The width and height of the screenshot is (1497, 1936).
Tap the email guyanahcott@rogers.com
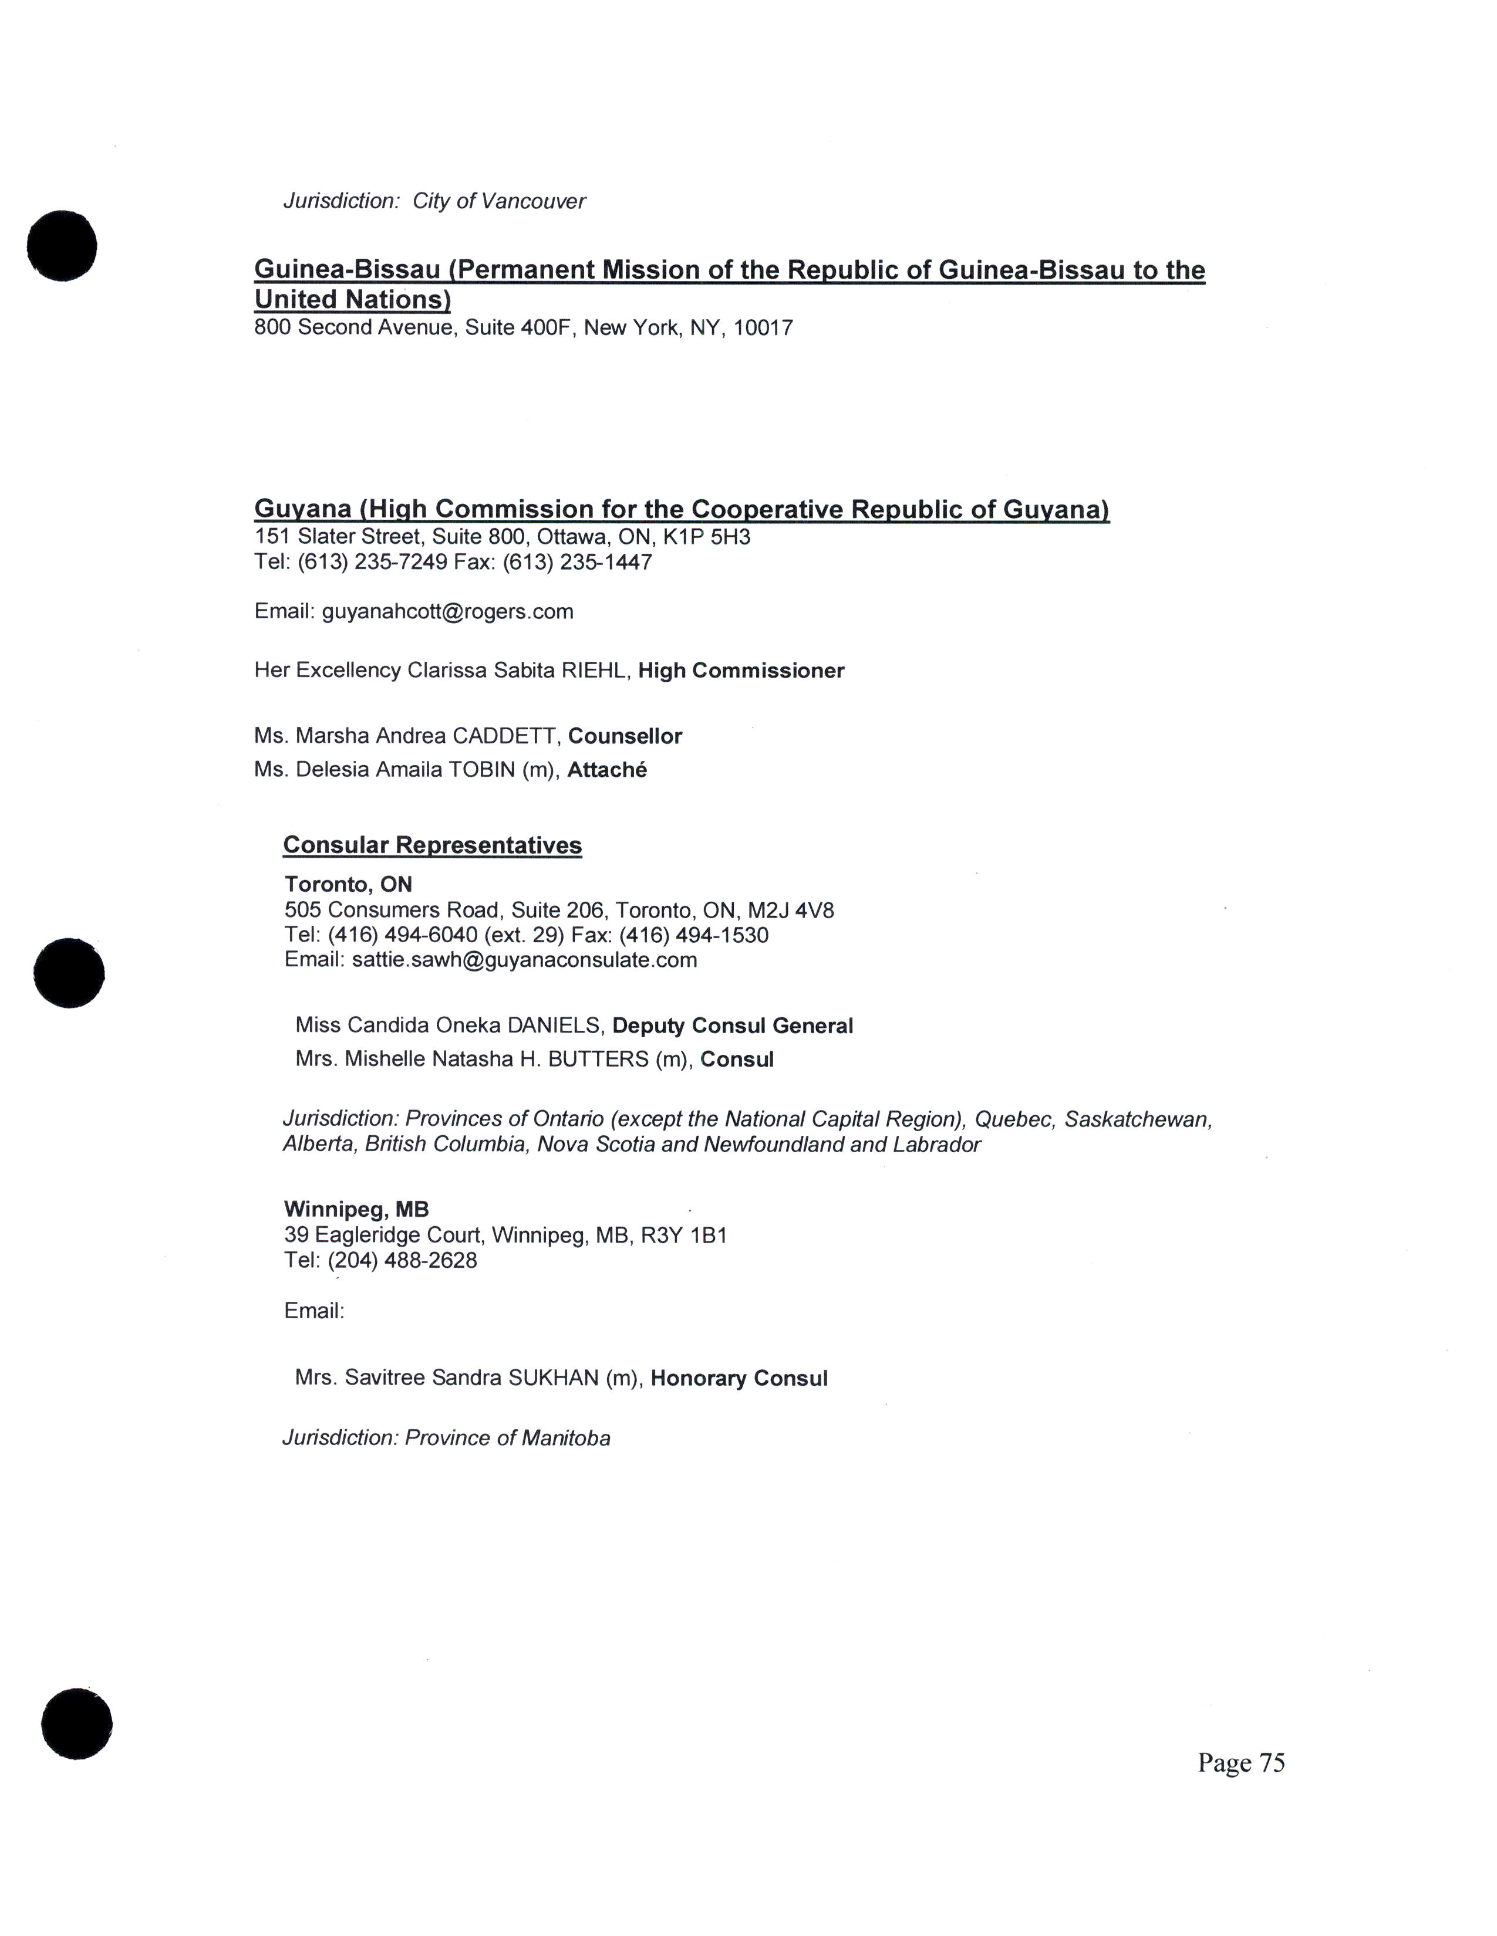[x=447, y=612]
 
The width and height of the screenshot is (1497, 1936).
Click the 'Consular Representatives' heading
[x=432, y=845]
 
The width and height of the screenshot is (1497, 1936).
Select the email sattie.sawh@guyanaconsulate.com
[x=524, y=959]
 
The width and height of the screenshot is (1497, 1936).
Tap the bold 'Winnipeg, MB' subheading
[x=356, y=1209]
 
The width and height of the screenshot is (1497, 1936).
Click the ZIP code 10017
[x=763, y=328]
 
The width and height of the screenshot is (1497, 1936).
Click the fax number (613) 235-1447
[x=577, y=562]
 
